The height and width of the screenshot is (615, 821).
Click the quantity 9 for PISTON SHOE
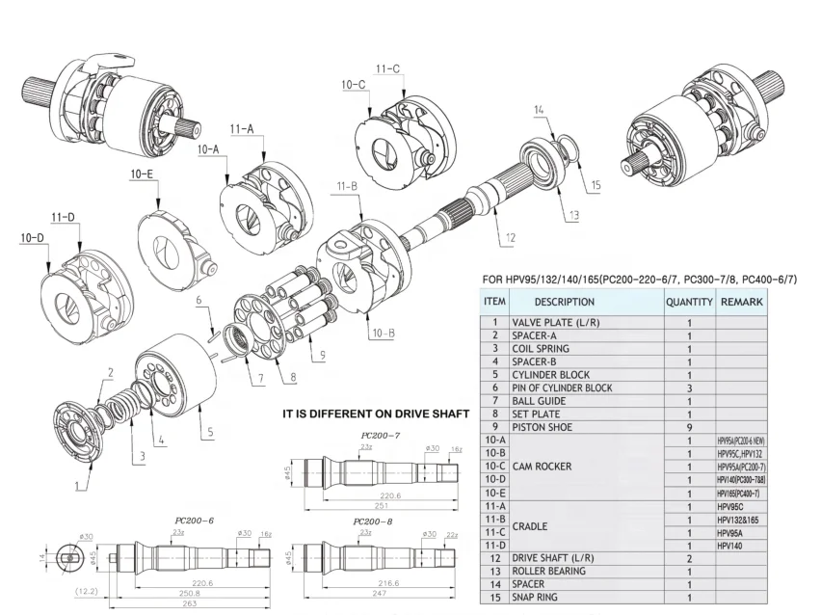pyautogui.click(x=689, y=426)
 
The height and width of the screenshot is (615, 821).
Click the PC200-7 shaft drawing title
pyautogui.click(x=381, y=435)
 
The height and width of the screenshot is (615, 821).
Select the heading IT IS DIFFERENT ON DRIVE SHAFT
pyautogui.click(x=374, y=414)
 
